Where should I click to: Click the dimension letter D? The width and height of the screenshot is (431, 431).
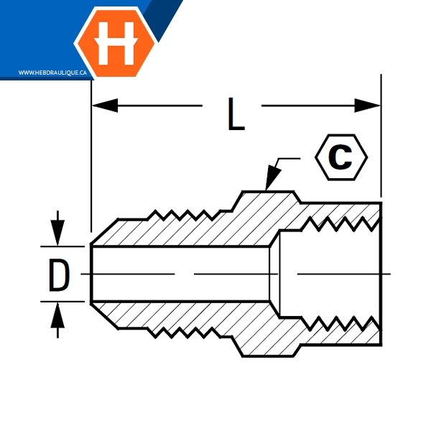[x=58, y=274]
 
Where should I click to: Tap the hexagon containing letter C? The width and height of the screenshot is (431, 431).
[x=340, y=157]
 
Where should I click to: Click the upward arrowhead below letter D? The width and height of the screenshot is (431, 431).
[x=58, y=313]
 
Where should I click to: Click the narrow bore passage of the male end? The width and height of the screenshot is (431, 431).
[x=180, y=274]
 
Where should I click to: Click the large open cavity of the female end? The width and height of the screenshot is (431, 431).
[x=327, y=274]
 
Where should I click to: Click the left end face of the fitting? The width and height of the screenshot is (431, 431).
[x=92, y=274]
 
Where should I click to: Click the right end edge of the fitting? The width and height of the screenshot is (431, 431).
[x=381, y=274]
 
